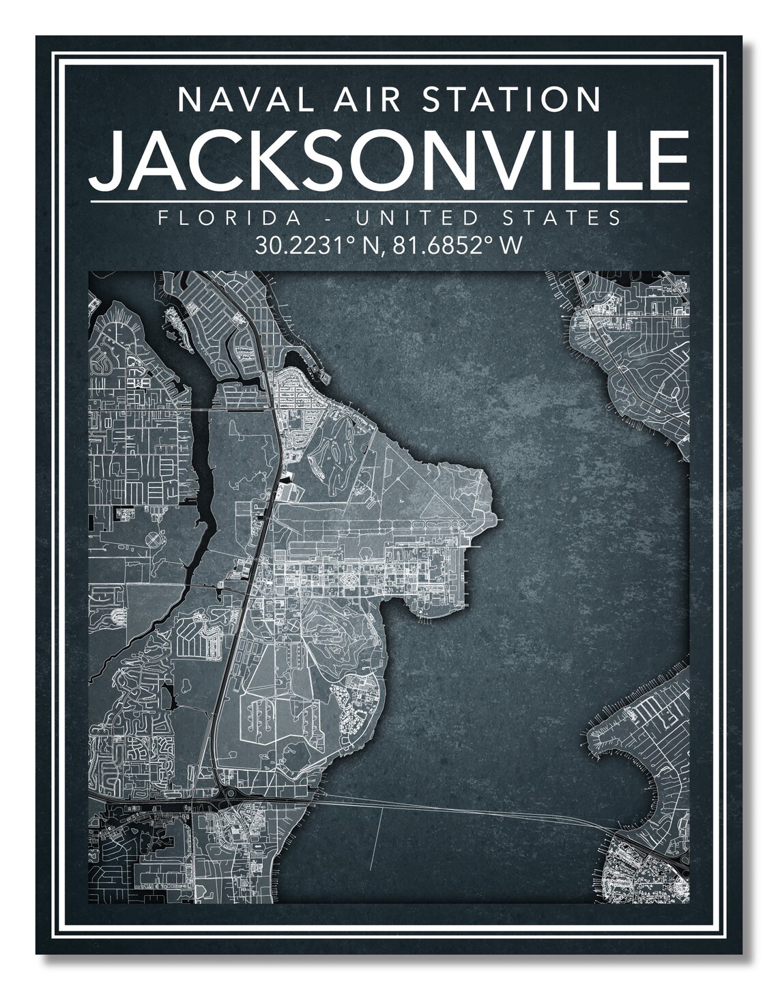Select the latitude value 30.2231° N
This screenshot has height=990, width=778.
pyautogui.click(x=319, y=244)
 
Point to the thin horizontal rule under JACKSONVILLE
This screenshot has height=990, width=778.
pyautogui.click(x=389, y=202)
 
